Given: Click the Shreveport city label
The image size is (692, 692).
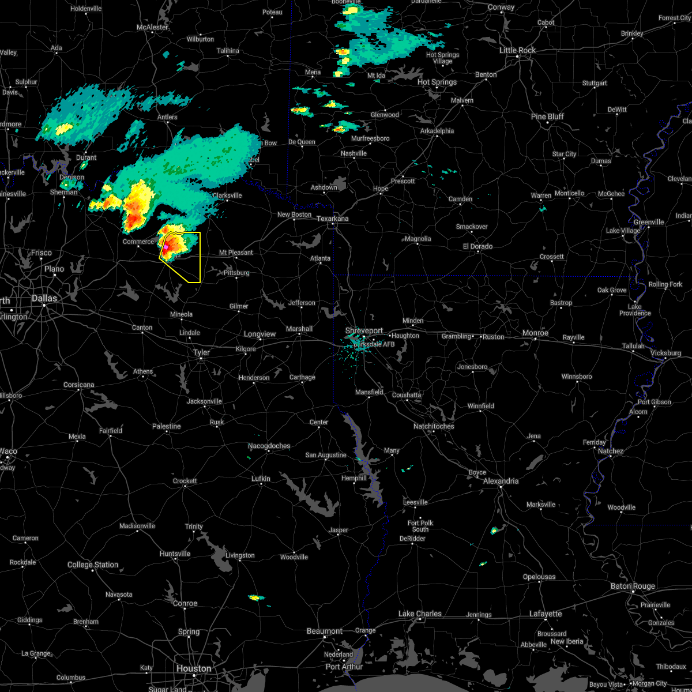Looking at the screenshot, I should coord(364,330).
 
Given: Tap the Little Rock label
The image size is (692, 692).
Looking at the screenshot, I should coord(517,50).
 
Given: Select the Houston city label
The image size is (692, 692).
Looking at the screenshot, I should coord(194,668).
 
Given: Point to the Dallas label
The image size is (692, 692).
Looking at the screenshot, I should coord(44,298).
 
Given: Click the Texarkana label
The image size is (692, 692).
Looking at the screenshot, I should coord(333,219).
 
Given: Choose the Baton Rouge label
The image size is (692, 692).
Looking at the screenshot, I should coord(632,586).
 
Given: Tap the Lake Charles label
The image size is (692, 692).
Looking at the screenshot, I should coord(419,614).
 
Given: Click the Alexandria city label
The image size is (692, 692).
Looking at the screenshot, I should coord(501,481).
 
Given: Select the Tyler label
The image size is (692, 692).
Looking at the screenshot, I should coord(201,352).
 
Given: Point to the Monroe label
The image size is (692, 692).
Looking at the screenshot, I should coord(535,333).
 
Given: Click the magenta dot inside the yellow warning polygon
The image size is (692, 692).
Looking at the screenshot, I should coord(166,247).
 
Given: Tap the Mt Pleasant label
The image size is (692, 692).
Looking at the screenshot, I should coord(236,253).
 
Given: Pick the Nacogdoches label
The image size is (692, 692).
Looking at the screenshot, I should coord(269,446).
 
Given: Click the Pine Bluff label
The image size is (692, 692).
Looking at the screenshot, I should coord(547,116).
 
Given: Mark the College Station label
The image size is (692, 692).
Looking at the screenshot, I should coord(93,565).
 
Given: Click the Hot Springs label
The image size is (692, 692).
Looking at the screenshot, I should coord(437,82).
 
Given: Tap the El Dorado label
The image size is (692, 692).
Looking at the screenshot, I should coord(477,246).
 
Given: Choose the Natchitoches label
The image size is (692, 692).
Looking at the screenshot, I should coord(434,426).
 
